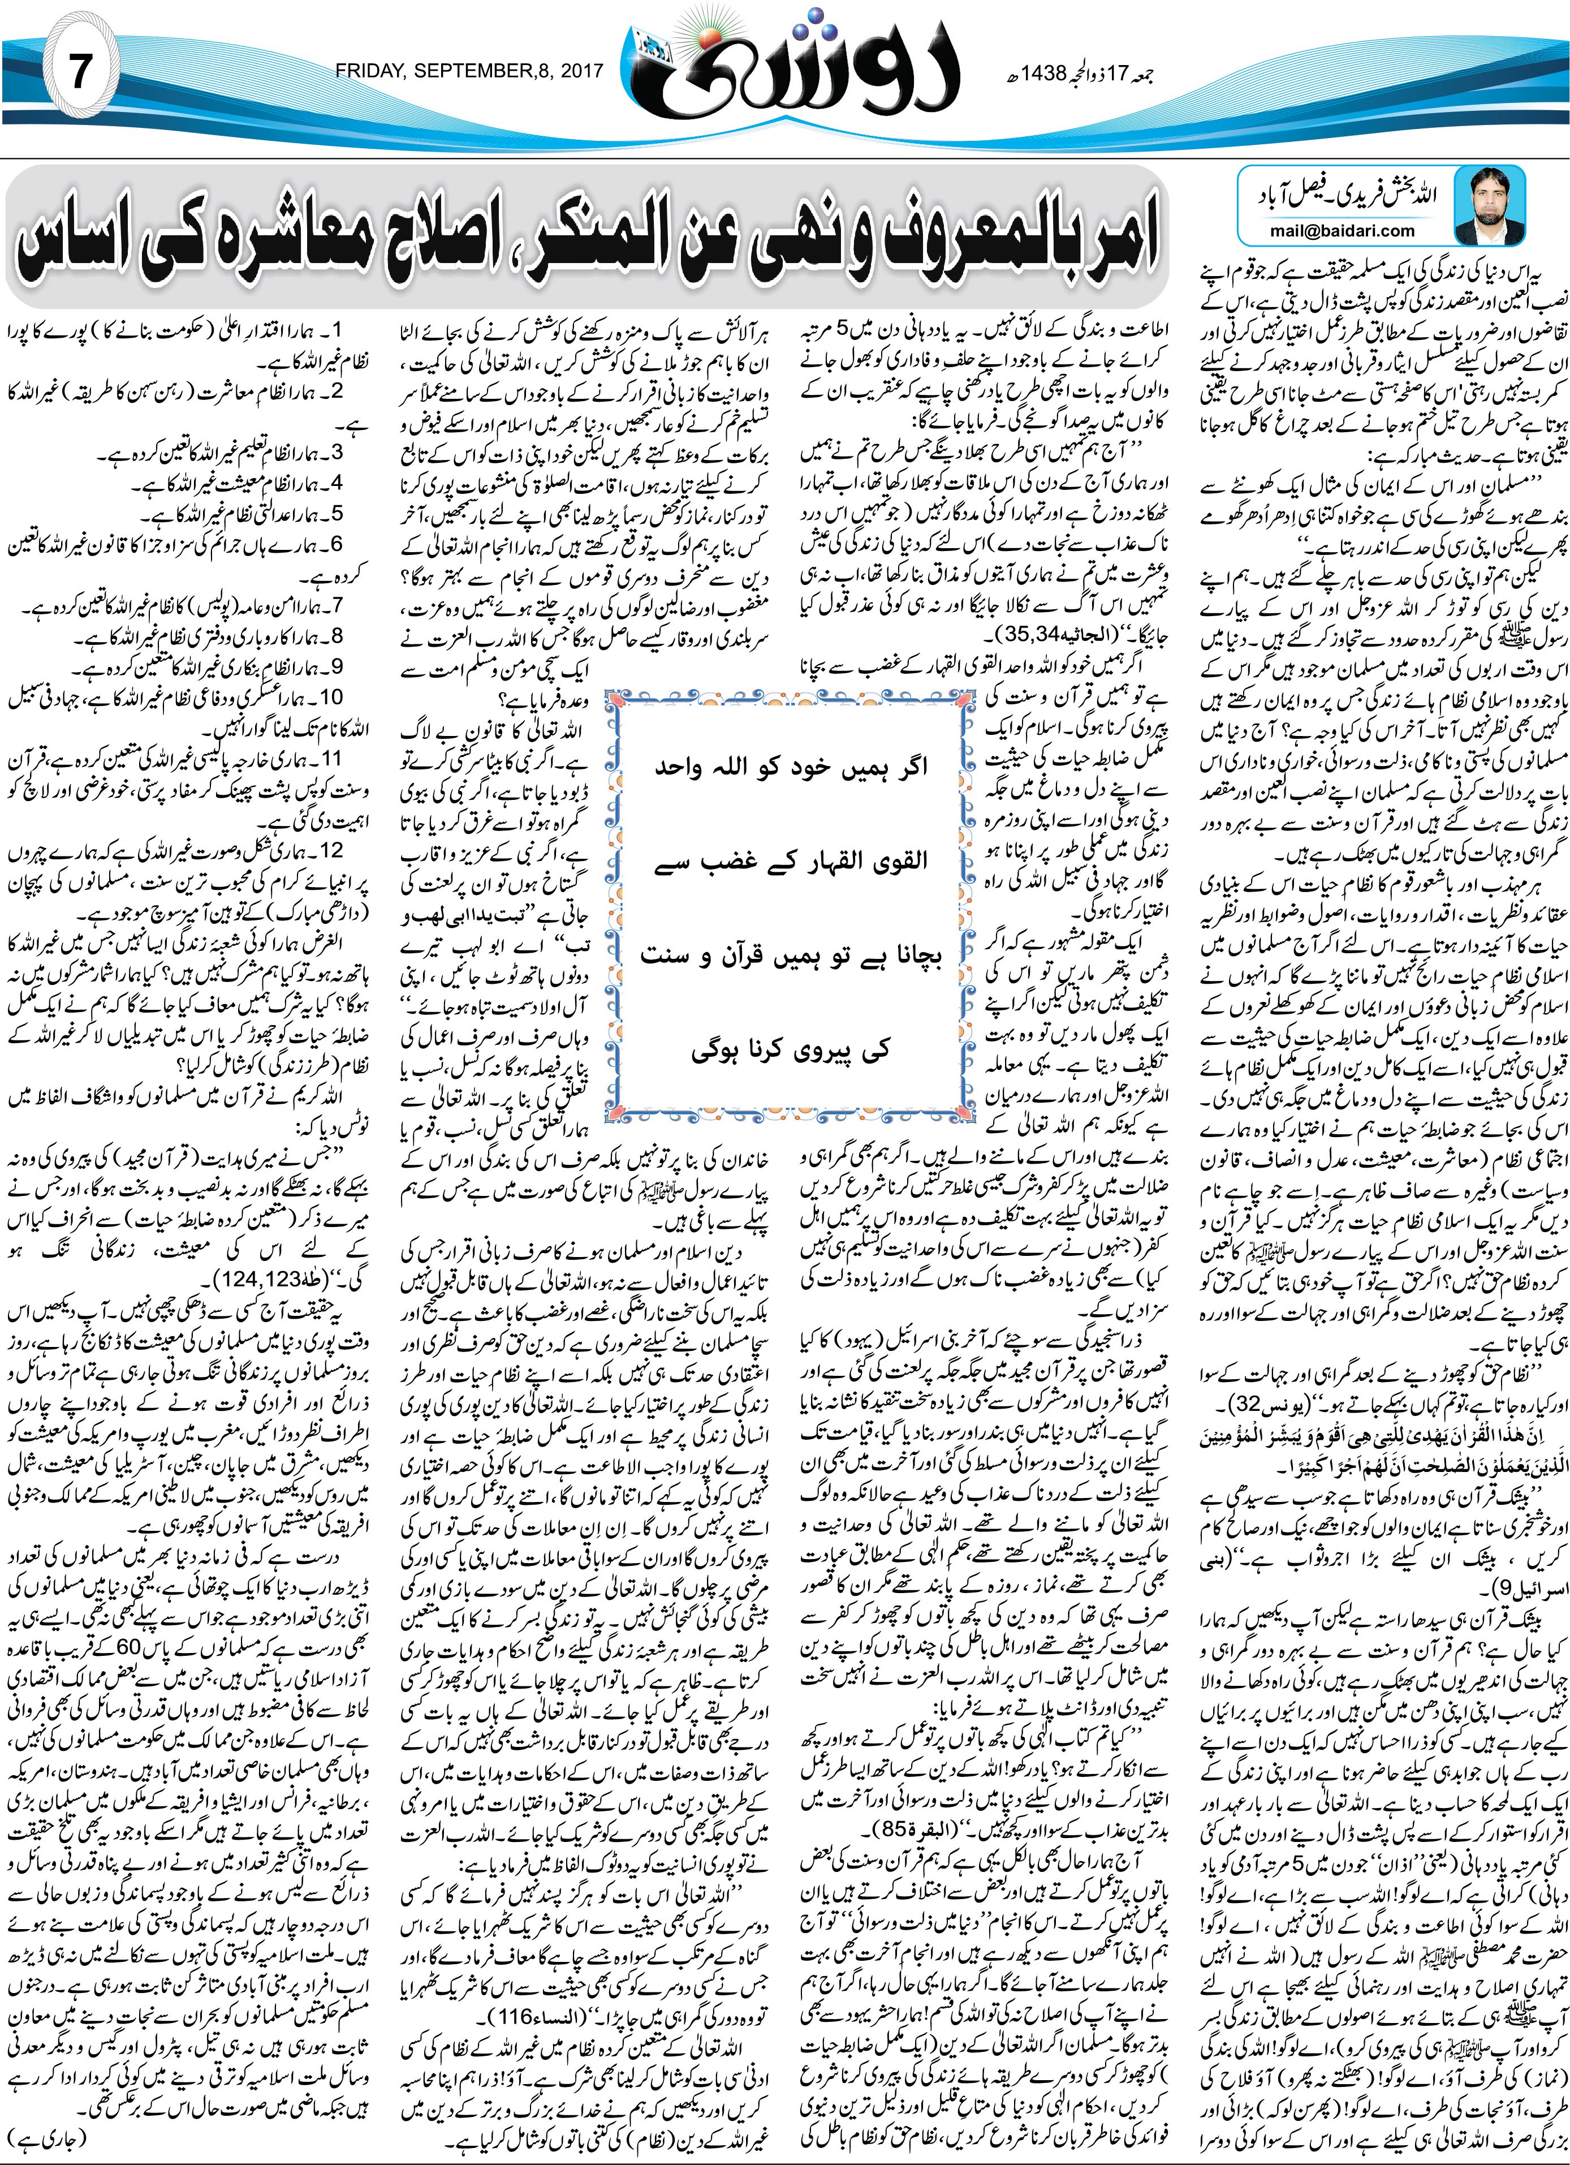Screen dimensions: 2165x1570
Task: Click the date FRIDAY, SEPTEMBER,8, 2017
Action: [469, 71]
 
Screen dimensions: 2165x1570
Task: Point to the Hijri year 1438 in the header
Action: [1051, 72]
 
